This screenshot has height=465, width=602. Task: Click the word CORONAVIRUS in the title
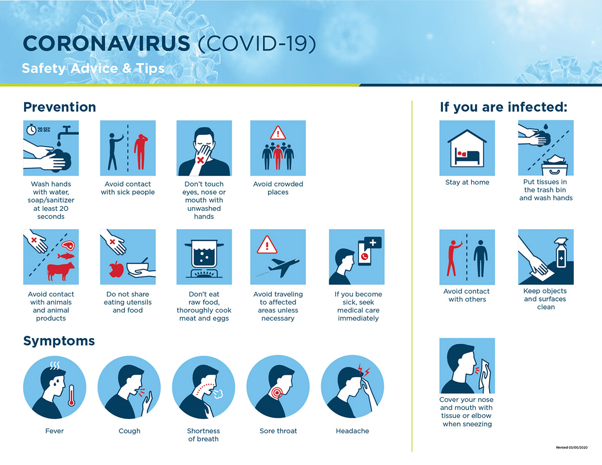(x=107, y=44)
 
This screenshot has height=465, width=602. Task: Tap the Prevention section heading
(x=60, y=107)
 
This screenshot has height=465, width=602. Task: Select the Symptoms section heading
(x=59, y=341)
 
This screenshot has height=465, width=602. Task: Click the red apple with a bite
(x=116, y=269)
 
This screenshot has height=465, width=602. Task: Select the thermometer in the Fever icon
(x=71, y=395)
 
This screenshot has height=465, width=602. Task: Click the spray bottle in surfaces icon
(x=561, y=253)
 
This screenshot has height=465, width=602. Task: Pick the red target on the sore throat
(x=276, y=392)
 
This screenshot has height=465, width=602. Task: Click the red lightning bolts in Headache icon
(x=364, y=370)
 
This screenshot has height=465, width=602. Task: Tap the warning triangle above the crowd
(x=278, y=132)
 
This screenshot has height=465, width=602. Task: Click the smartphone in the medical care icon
(x=365, y=253)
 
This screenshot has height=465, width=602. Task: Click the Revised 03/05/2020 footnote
(x=571, y=447)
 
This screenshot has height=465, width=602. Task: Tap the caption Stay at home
(x=467, y=182)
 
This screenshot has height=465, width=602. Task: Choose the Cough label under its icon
(x=129, y=431)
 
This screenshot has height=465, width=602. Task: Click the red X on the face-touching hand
(x=200, y=160)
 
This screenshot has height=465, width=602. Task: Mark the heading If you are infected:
(x=504, y=107)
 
